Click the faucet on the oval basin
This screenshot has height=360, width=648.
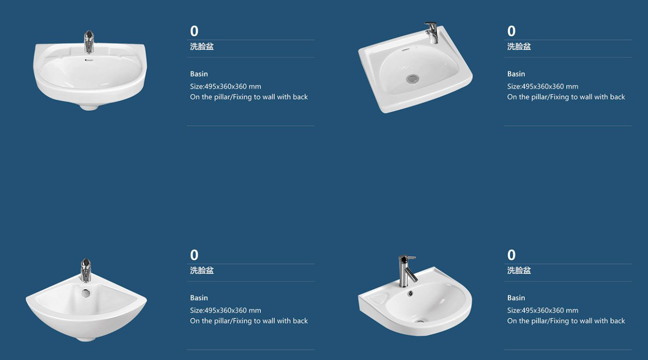[x=89, y=42]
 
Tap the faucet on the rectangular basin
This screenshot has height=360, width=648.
[x=432, y=32]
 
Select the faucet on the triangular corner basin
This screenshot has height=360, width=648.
[x=86, y=270]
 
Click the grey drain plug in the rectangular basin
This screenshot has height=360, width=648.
[x=412, y=78]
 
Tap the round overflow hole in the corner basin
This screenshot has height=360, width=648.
[x=86, y=293]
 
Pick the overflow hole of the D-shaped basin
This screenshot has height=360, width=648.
[x=410, y=294]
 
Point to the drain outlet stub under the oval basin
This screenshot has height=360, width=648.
[x=89, y=107]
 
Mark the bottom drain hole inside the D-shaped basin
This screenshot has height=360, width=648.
[x=419, y=321]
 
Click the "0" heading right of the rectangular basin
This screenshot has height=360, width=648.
[x=511, y=31]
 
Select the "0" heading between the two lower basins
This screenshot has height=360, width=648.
[x=194, y=255]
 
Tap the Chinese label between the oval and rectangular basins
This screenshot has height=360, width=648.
[x=202, y=47]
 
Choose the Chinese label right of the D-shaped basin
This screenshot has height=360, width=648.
[x=519, y=270]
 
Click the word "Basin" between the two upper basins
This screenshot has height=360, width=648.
[x=199, y=74]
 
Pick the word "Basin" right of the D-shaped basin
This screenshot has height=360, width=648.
[x=516, y=297]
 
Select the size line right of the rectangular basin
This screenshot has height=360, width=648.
[x=543, y=86]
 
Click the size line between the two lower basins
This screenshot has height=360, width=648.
[x=226, y=310]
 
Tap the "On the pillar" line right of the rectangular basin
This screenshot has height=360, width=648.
[x=566, y=97]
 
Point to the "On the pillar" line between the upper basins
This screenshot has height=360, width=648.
[x=249, y=97]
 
